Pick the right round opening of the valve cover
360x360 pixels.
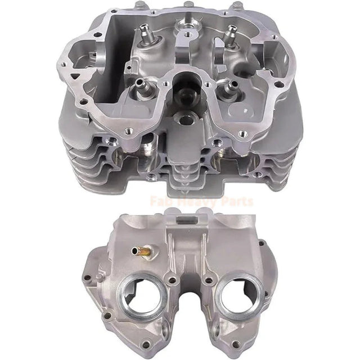(241, 297)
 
